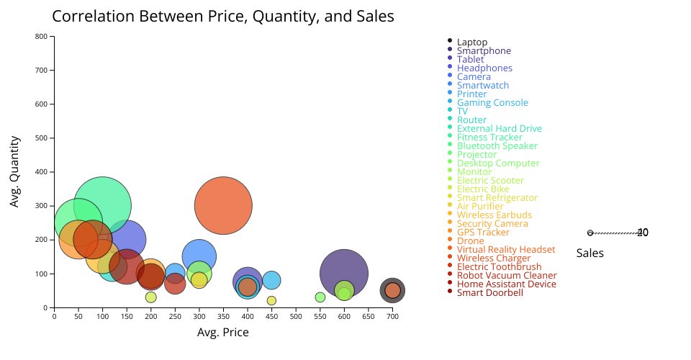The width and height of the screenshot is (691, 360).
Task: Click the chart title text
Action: tap(223, 16)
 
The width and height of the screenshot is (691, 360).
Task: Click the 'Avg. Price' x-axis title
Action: tap(223, 332)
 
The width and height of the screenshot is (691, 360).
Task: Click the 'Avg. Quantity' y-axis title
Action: tap(14, 172)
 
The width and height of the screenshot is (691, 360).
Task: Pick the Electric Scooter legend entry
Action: tap(490, 181)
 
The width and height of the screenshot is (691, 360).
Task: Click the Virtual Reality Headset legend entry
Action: tap(506, 250)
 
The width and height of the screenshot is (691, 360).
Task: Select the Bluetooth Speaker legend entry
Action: tap(497, 146)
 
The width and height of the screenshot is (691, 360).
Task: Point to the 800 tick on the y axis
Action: tap(42, 36)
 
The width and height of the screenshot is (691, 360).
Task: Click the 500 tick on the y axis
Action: tap(42, 138)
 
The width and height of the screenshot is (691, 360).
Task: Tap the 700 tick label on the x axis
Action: tap(392, 315)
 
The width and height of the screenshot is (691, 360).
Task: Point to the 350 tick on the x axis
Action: tap(223, 315)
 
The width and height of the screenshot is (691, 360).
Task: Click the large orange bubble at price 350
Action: tap(223, 205)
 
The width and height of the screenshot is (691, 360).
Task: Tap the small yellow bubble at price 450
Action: tap(271, 300)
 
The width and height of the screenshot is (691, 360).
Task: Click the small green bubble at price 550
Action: tap(320, 297)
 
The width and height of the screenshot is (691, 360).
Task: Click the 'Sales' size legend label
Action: tap(590, 253)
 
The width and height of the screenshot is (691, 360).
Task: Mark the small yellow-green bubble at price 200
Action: tap(150, 297)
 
